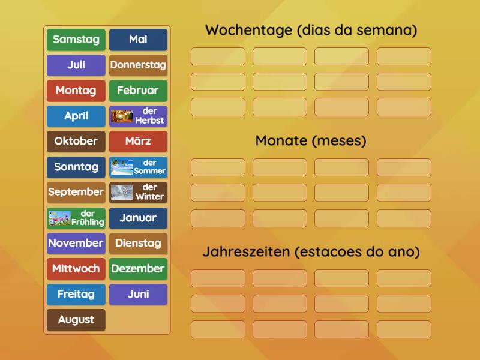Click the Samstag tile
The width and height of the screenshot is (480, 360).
tap(76, 40)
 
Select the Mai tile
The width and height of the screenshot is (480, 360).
tap(138, 40)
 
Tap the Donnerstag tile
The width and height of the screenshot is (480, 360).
tap(138, 65)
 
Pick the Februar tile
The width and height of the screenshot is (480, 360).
tap(138, 91)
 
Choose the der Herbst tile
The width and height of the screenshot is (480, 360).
tap(138, 116)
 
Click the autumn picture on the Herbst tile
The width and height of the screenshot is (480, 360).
tap(122, 116)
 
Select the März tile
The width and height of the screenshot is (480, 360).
tap(138, 142)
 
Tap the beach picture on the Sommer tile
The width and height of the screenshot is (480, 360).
tap(122, 167)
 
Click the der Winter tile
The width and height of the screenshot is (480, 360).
tap(138, 192)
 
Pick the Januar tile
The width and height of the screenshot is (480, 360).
tap(138, 218)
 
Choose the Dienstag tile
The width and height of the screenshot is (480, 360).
tap(138, 243)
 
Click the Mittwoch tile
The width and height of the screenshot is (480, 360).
tap(76, 269)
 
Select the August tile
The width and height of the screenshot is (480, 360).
tap(76, 320)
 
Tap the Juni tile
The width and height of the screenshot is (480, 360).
tap(138, 294)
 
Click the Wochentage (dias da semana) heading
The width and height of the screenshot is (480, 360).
tap(311, 30)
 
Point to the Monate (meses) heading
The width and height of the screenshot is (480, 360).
tap(311, 141)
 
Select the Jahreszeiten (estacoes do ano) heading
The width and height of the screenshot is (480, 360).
tap(311, 252)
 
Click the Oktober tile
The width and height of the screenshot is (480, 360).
tap(76, 142)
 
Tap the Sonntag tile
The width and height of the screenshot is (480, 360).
tap(76, 167)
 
